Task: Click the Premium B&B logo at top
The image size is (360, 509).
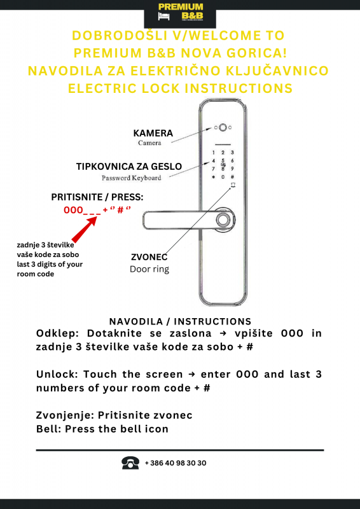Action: pos(180,12)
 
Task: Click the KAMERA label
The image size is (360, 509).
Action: pos(153,133)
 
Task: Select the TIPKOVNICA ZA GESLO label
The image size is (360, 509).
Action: pos(129,167)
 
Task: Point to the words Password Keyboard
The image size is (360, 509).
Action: pos(131,178)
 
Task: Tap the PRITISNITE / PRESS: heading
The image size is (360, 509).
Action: pos(97,197)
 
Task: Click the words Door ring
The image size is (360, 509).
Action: pos(149,269)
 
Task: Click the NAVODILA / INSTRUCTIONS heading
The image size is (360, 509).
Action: pos(180,322)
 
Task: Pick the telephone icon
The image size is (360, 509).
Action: pos(130,463)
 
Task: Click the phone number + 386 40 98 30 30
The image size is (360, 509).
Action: pos(176,463)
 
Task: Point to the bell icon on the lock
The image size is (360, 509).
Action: pos(233,186)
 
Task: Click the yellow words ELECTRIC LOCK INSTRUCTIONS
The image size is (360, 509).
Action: pos(180,88)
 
